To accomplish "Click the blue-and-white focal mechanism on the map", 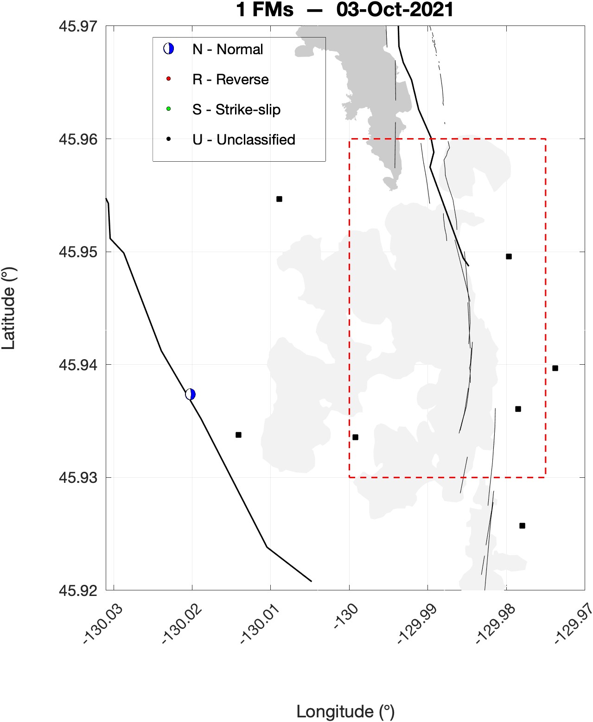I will coord(190,394).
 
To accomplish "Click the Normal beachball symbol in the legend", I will coord(168,49).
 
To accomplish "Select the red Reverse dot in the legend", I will coord(168,79).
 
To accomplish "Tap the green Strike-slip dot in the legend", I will coord(168,109).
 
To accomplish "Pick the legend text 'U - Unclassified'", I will coord(243,139).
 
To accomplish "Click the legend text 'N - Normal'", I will coord(227,49).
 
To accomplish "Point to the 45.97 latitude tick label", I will coord(78,26).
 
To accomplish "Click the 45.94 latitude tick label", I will coord(78,365).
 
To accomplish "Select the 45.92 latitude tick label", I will coord(78,590).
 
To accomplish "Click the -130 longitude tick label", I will coord(346,616).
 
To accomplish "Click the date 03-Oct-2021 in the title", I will coord(395,10).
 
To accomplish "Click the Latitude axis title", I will coord(8,308).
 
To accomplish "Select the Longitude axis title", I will coord(345,711).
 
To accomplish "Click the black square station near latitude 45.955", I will coord(279,199).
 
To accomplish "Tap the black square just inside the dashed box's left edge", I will coord(355,437).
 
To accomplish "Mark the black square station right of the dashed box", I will coord(555,368).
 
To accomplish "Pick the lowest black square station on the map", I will coord(522,526).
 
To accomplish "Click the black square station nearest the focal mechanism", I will coord(238,435).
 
